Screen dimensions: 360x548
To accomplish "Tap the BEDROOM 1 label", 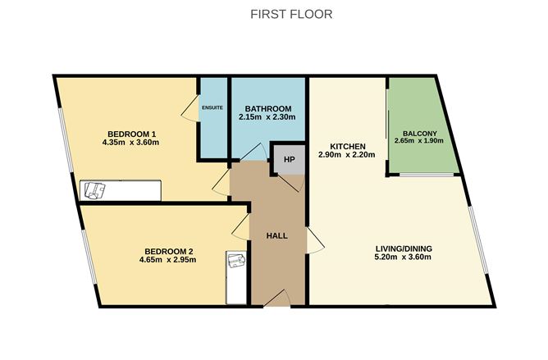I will pos(131,134).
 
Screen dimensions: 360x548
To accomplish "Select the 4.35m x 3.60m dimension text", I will pos(131,144).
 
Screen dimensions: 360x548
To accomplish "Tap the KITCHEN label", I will pos(347,146).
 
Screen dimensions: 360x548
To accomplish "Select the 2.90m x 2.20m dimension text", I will pos(347,155).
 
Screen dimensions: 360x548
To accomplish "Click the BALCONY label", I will pos(419,134).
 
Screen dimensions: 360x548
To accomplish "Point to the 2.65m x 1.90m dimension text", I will pos(419,144).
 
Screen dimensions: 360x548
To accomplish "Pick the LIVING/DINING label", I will pos(404,249).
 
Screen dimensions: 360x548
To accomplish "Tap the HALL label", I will pos(276,235).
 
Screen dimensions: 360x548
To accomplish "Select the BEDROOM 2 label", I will pos(169,251).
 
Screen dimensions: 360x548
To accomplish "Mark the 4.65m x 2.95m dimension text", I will pos(169,261).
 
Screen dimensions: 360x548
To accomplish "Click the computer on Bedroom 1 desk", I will pos(95,190).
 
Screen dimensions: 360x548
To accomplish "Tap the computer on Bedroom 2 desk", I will pos(236,262).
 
